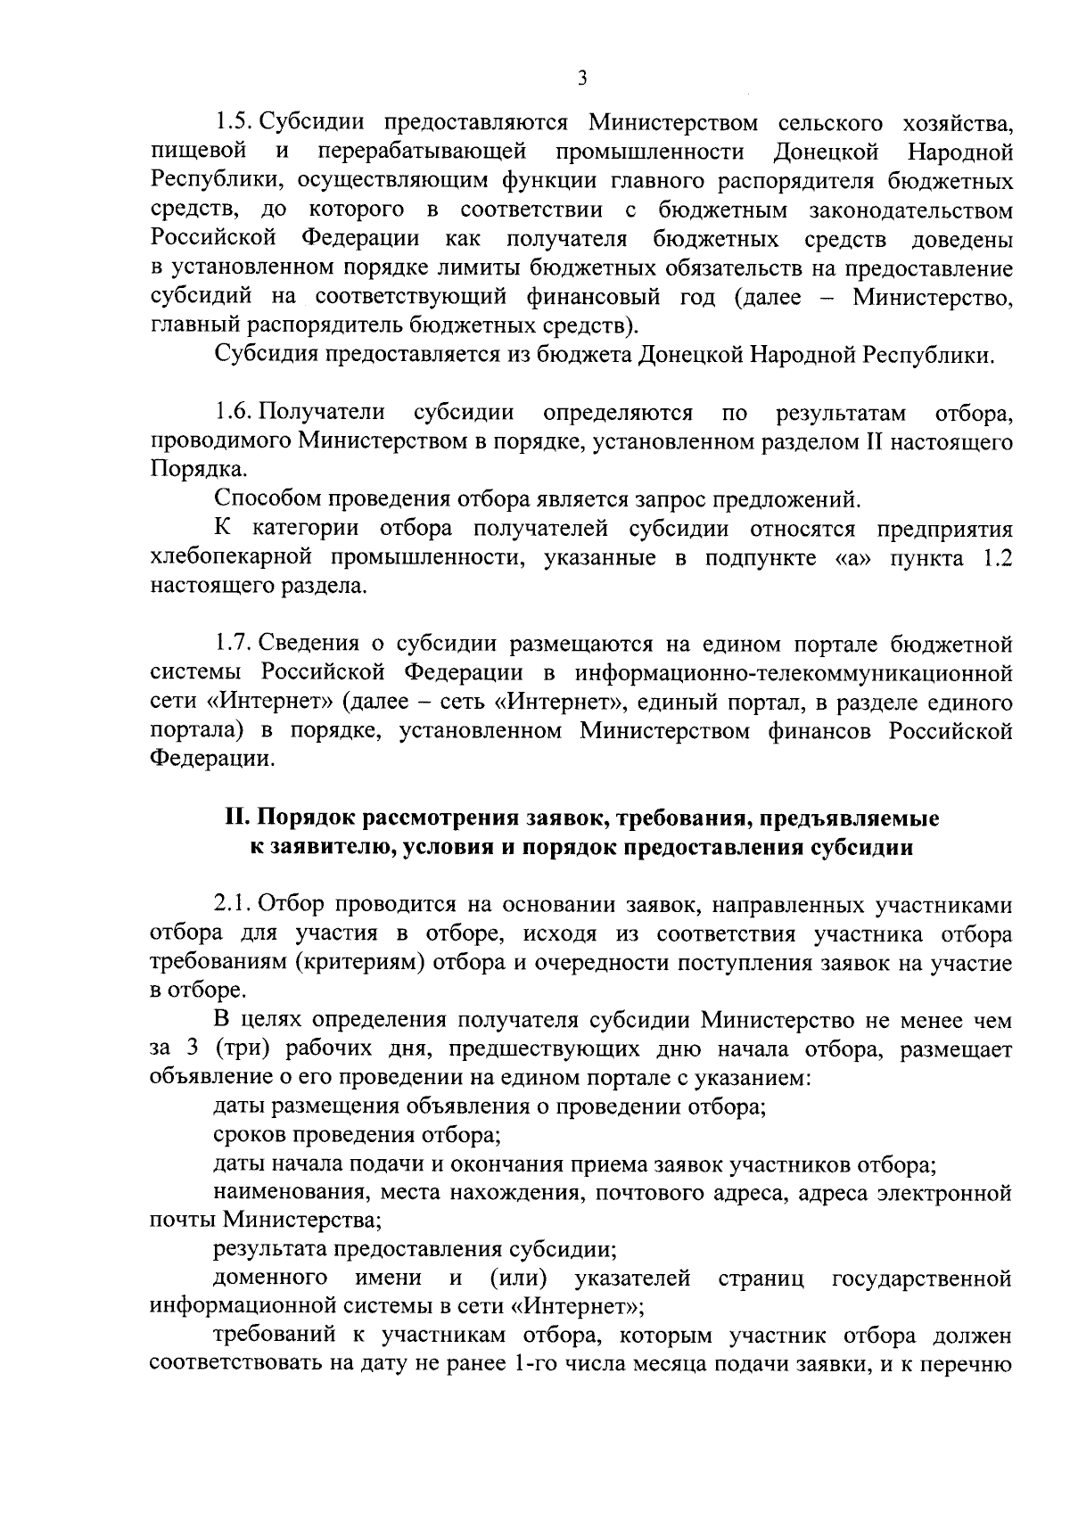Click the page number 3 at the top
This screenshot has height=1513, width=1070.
point(581,79)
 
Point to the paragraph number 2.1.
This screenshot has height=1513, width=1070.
point(235,905)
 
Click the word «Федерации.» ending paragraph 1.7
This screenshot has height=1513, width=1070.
point(211,760)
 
